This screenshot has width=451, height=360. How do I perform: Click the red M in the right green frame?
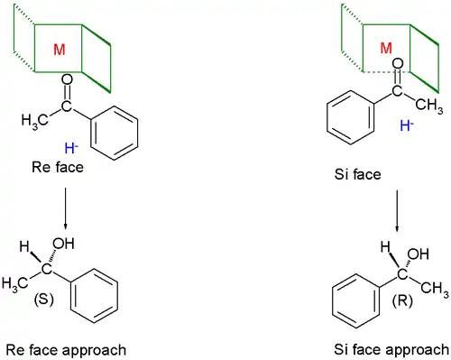point(386,48)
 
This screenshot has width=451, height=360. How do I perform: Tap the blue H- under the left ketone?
point(71,148)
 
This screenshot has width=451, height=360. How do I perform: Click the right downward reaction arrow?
point(397,214)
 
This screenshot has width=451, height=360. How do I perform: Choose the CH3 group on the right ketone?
point(427,106)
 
